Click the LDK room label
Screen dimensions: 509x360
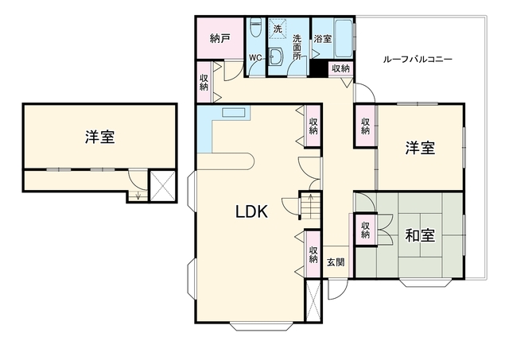pyautogui.click(x=251, y=212)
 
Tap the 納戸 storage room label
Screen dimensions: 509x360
pyautogui.click(x=220, y=39)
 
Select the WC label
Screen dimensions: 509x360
pyautogui.click(x=255, y=58)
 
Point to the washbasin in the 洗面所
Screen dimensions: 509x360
pyautogui.click(x=276, y=57)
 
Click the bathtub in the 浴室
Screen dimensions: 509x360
pyautogui.click(x=344, y=38)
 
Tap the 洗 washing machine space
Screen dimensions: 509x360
pyautogui.click(x=278, y=29)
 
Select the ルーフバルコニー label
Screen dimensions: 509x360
pyautogui.click(x=418, y=60)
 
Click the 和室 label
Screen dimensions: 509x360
pyautogui.click(x=420, y=235)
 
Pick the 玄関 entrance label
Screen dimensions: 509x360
pyautogui.click(x=336, y=262)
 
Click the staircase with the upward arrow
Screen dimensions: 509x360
pyautogui.click(x=311, y=206)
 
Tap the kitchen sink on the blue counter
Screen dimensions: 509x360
pyautogui.click(x=233, y=113)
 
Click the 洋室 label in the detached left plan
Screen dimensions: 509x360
pyautogui.click(x=99, y=137)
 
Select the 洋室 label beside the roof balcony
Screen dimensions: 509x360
pyautogui.click(x=420, y=148)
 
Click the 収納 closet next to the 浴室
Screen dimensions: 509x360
pyautogui.click(x=341, y=68)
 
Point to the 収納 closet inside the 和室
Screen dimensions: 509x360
pyautogui.click(x=366, y=230)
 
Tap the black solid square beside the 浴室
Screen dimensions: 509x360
pyautogui.click(x=318, y=68)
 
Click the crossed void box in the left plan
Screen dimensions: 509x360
pyautogui.click(x=162, y=185)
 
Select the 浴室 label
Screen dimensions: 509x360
pyautogui.click(x=323, y=39)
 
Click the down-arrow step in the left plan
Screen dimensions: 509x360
pyautogui.click(x=138, y=195)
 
